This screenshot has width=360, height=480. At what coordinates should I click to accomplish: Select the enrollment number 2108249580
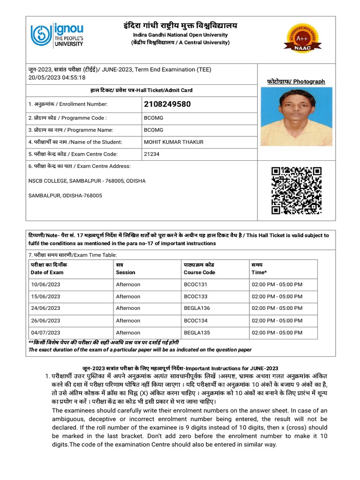click(167, 104)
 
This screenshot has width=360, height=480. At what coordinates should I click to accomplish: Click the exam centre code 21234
click(151, 154)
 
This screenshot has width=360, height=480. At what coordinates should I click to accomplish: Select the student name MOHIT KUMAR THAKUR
click(173, 142)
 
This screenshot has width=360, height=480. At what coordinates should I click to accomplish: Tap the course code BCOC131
click(195, 285)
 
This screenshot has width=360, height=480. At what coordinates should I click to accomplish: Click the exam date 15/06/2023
click(45, 296)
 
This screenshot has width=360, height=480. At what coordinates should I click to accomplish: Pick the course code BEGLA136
click(197, 308)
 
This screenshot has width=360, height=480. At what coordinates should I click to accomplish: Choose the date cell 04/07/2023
click(45, 332)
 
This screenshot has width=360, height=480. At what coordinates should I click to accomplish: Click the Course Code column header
click(199, 272)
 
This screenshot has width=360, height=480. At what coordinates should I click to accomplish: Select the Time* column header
click(259, 272)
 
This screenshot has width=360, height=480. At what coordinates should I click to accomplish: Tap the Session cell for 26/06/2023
click(128, 320)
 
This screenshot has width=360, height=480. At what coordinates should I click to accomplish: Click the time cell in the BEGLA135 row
click(277, 332)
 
